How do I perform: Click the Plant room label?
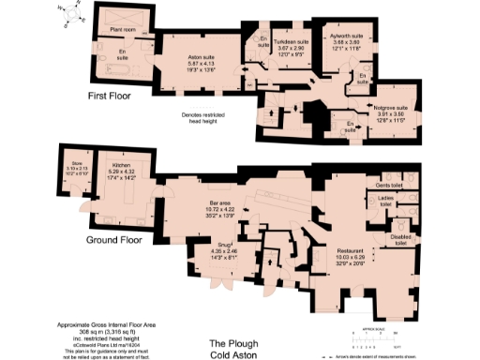[x=123, y=29]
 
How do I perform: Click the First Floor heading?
[x=109, y=96]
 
